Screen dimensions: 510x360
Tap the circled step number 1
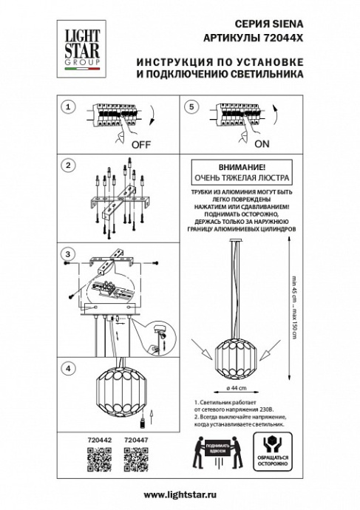[x=68, y=108]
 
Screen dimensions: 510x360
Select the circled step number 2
[x=68, y=164]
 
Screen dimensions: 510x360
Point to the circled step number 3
[x=68, y=255]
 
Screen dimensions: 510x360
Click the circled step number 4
[x=68, y=367]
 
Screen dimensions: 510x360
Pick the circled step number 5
[x=191, y=108]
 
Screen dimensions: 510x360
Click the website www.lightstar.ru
[x=180, y=494]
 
